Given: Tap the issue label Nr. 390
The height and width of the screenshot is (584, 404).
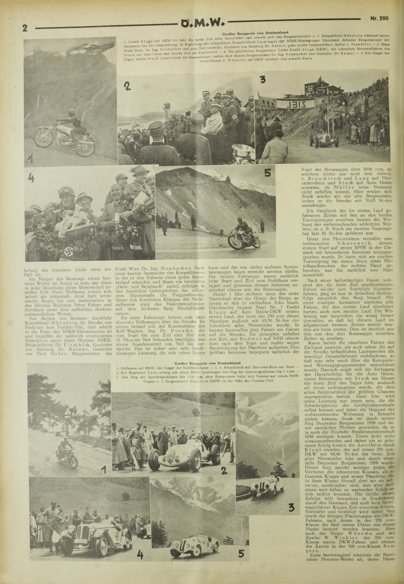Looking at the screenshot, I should point(379,18).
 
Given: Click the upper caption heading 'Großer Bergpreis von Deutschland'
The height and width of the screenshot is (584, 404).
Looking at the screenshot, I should point(255,33).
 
